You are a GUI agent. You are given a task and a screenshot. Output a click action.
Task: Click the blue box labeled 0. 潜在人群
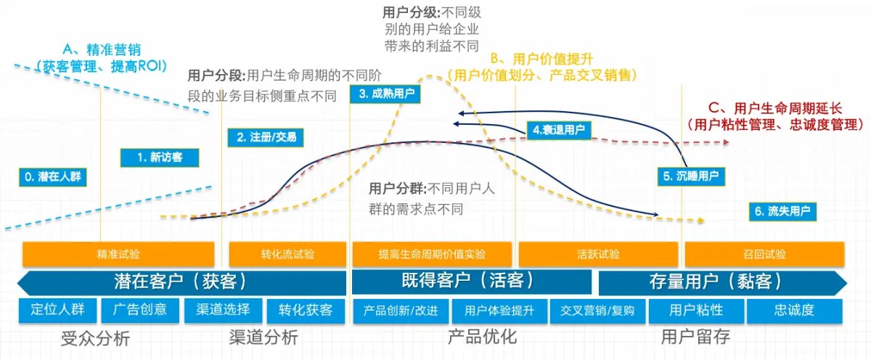click(x=52, y=176)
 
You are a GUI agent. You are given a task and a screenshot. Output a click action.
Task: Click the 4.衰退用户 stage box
click(x=557, y=130)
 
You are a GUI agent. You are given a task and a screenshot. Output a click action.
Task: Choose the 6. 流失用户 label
click(x=783, y=211)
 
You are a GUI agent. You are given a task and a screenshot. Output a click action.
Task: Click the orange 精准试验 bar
click(x=118, y=254)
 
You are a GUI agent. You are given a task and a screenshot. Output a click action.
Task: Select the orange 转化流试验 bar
click(x=287, y=254)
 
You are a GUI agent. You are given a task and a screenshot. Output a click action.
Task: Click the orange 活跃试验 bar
click(x=598, y=254)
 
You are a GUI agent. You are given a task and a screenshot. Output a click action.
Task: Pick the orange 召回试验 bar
click(x=764, y=254)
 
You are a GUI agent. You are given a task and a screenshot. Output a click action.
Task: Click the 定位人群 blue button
click(x=57, y=310)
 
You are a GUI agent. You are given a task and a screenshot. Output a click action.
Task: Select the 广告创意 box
click(x=140, y=310)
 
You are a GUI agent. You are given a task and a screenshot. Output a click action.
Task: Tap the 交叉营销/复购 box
click(x=597, y=311)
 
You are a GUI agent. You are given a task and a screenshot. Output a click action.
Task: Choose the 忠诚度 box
click(x=794, y=311)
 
